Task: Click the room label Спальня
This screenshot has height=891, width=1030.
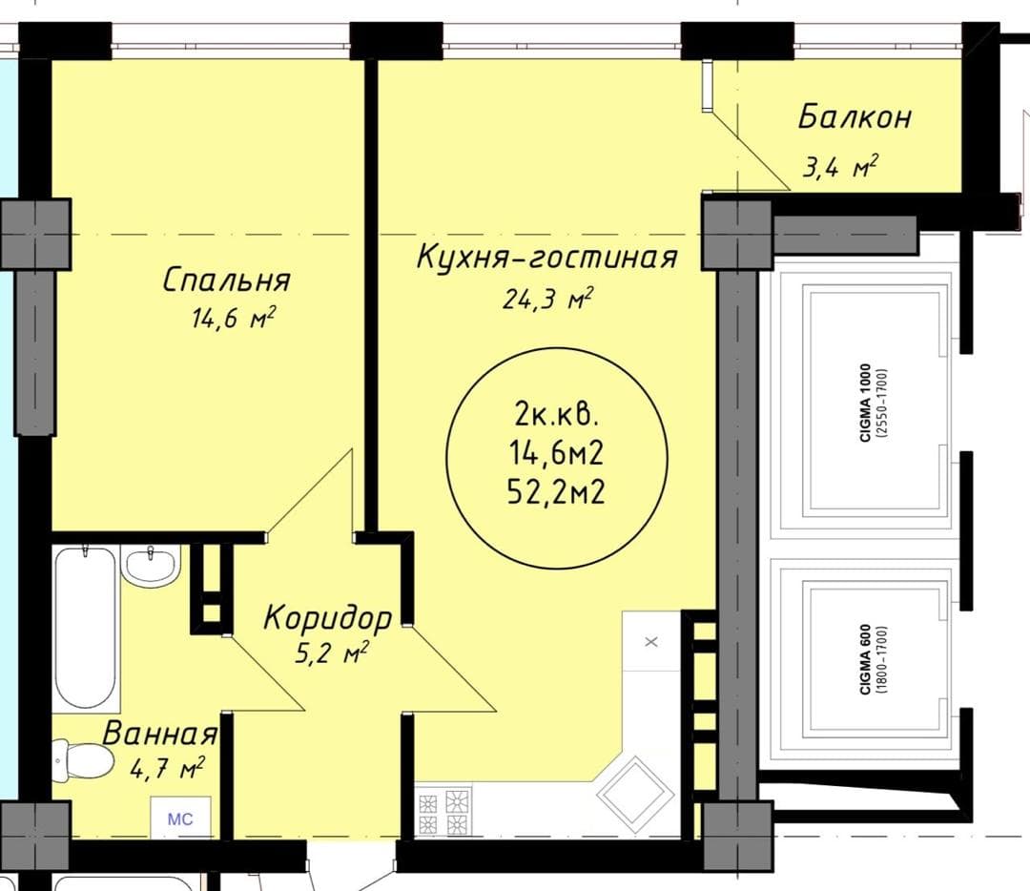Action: [226, 280]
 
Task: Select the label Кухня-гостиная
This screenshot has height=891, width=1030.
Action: [546, 257]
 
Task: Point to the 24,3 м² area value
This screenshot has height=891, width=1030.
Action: [547, 298]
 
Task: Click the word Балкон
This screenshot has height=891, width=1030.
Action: [855, 117]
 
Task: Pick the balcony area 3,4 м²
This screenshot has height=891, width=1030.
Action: [840, 167]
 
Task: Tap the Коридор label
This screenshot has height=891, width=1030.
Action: [328, 617]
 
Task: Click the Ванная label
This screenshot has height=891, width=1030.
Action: [159, 734]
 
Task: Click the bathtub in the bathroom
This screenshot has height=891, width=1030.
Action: [86, 629]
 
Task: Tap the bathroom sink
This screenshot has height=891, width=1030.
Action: [152, 565]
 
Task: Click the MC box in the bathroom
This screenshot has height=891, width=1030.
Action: [180, 818]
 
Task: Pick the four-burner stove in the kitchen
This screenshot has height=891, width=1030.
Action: [444, 812]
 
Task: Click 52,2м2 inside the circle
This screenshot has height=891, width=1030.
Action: [556, 491]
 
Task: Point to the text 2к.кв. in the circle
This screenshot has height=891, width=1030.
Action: [556, 415]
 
